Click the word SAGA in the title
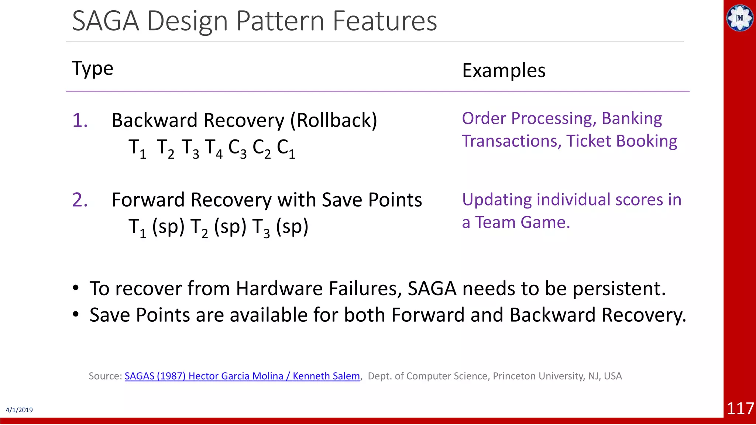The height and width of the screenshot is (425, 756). [x=106, y=21]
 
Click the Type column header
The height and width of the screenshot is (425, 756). [x=92, y=69]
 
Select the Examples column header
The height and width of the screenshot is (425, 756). [x=504, y=70]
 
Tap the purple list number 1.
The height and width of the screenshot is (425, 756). [x=80, y=121]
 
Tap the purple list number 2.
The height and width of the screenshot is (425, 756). [x=80, y=200]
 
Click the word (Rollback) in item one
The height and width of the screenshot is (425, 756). [x=334, y=121]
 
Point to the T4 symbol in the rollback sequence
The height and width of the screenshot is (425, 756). [x=214, y=148]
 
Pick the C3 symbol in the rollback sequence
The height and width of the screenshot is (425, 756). [x=237, y=148]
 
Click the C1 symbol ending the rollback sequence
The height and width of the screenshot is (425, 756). [x=286, y=148]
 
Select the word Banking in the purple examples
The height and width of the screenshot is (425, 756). [x=632, y=119]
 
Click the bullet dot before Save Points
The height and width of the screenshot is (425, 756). [x=76, y=315]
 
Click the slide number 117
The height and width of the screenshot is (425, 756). [x=740, y=409]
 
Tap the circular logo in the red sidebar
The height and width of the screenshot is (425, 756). [x=740, y=18]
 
